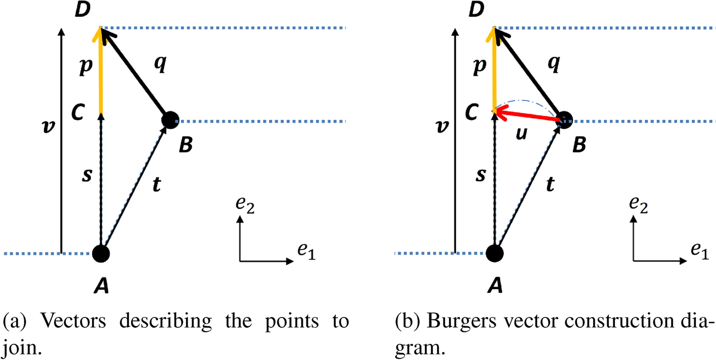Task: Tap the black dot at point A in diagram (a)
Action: click(x=101, y=253)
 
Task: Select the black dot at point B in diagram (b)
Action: click(x=564, y=120)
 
